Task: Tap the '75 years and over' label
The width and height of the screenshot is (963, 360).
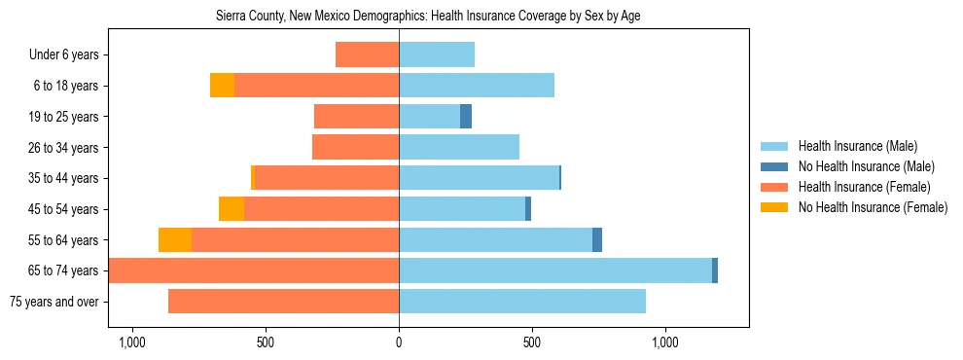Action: point(53,302)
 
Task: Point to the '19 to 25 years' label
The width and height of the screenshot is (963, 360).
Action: point(65,117)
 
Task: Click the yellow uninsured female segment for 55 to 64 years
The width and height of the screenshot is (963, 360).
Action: point(175,240)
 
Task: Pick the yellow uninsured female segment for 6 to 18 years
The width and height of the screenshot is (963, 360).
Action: point(222,86)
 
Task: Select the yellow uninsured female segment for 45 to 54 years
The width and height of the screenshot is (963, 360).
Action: point(232,209)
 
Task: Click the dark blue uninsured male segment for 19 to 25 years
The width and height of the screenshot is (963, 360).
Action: point(466,117)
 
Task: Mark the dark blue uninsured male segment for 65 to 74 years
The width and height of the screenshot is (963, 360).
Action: point(715,270)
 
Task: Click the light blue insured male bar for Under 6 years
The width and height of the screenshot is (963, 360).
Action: point(437,54)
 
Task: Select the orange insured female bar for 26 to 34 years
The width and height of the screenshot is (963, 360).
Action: point(355,148)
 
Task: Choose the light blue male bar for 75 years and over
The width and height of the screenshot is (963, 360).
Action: point(522,302)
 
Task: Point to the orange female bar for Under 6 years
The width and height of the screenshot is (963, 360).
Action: point(367,54)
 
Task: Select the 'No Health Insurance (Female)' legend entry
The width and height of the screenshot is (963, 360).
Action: point(873,207)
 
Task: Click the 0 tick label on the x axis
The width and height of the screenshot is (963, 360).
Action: point(399,342)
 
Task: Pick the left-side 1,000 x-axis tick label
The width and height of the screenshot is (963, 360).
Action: point(131,342)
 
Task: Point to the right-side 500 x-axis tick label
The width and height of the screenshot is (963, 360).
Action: point(532,342)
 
